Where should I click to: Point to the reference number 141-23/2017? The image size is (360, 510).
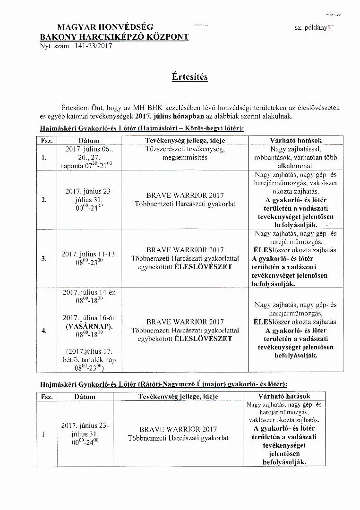[x=90, y=46]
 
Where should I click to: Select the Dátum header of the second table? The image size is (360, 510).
[x=85, y=397]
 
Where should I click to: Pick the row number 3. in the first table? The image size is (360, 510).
[x=44, y=258]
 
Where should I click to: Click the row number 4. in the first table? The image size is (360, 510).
[x=44, y=331]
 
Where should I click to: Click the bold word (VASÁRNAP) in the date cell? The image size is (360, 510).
[x=88, y=326]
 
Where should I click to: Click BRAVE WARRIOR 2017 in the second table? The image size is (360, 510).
[x=178, y=429]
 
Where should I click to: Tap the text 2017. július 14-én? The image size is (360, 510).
[x=88, y=292]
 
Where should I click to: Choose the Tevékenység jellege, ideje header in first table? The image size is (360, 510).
[x=185, y=141]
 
